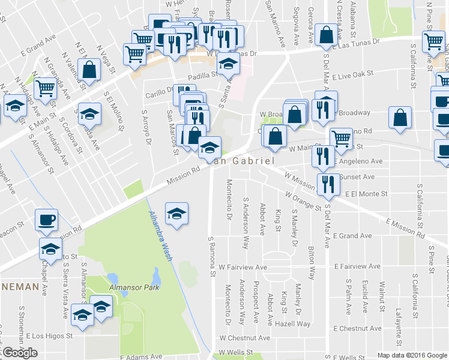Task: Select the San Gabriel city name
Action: (240, 161)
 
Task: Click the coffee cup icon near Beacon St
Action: (46, 219)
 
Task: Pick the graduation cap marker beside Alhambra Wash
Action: (177, 214)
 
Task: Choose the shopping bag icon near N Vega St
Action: (89, 70)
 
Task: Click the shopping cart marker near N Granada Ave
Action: (45, 89)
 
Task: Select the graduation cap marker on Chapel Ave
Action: (51, 249)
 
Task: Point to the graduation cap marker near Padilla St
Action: (228, 63)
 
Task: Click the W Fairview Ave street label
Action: (243, 267)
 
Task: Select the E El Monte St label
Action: (366, 194)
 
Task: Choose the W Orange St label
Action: (303, 201)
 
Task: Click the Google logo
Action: (20, 353)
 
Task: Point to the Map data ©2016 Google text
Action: (411, 355)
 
